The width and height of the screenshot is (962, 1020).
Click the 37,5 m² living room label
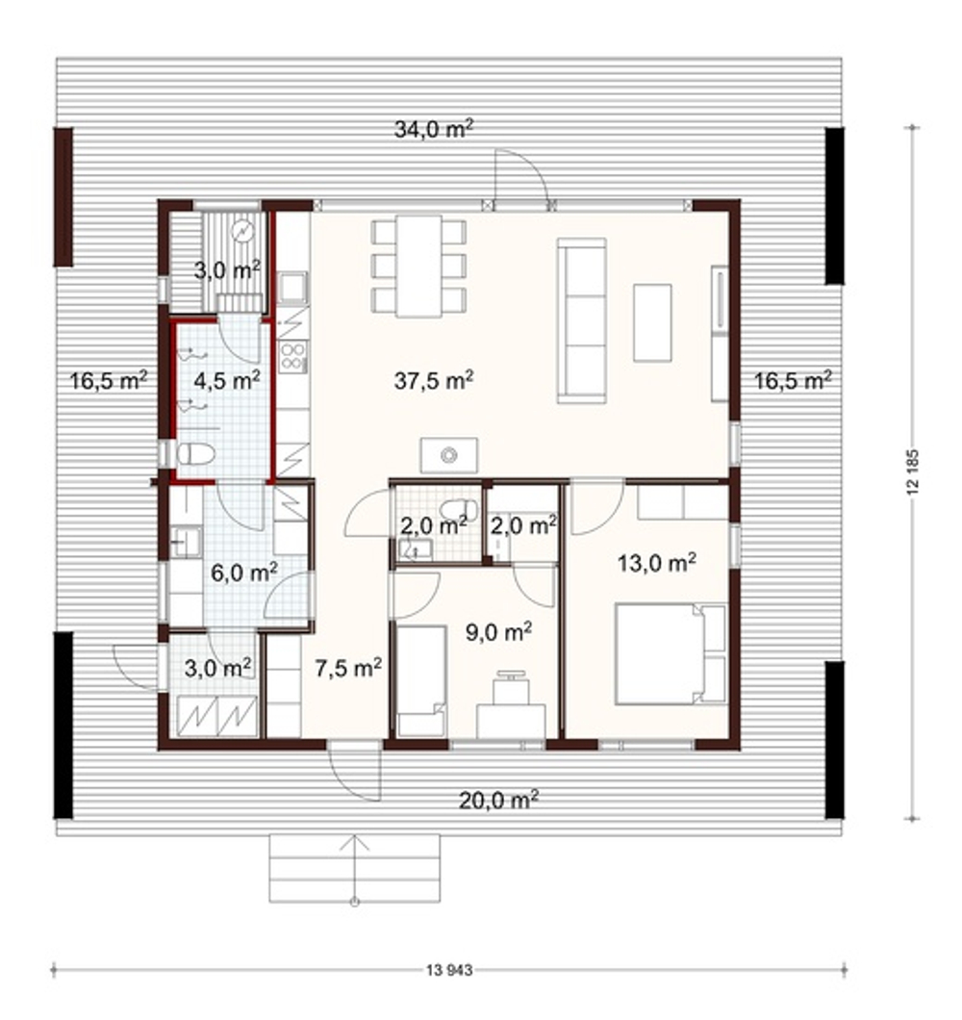click(x=433, y=379)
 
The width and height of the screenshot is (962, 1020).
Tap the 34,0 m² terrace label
click(x=433, y=129)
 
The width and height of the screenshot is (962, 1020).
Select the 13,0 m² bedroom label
click(x=657, y=562)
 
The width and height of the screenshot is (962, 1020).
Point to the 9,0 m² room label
click(x=499, y=631)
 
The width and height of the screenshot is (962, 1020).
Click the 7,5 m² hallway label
click(x=348, y=668)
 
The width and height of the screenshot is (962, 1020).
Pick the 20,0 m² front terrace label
click(x=499, y=800)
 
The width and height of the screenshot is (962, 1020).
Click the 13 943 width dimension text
click(x=449, y=971)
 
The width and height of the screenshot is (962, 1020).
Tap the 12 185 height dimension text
click(x=913, y=472)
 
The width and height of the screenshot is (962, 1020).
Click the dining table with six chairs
click(x=418, y=266)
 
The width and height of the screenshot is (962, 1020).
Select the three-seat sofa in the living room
click(x=581, y=320)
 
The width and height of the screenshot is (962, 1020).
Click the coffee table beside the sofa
click(x=652, y=322)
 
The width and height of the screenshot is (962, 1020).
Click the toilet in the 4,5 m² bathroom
click(x=196, y=453)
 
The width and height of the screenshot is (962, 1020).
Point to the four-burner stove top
click(x=292, y=356)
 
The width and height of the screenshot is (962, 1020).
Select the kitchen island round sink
click(x=449, y=455)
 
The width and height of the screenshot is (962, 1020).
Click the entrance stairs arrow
click(x=355, y=870)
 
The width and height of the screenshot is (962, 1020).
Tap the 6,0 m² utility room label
click(x=244, y=573)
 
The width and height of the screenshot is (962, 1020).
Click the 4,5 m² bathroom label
click(x=227, y=379)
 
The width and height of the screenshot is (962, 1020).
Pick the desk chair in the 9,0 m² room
click(x=512, y=688)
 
